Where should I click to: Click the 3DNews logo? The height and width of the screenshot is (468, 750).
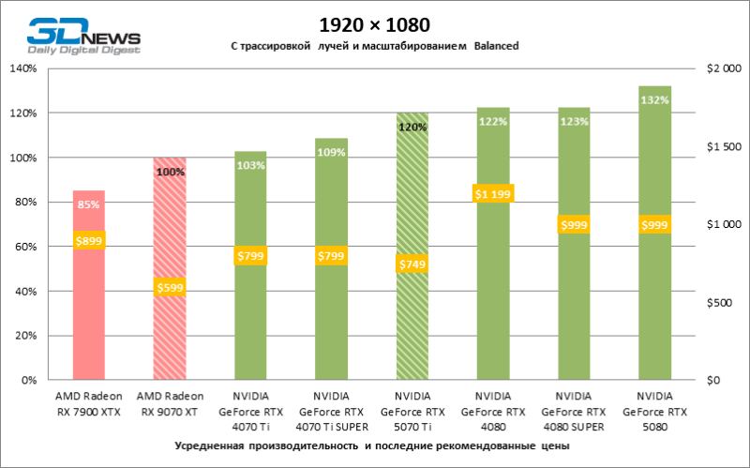(82, 36)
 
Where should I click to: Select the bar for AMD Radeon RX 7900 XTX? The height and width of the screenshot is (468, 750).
(89, 309)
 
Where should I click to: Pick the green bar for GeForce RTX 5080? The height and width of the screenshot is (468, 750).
(654, 309)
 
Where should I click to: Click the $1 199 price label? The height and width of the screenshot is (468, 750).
(493, 194)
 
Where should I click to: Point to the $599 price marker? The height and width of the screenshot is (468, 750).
(170, 287)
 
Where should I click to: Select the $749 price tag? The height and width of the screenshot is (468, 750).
(412, 264)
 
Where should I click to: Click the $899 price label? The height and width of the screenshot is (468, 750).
(89, 241)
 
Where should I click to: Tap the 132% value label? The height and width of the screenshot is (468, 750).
(654, 99)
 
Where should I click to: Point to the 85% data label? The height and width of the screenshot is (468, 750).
(89, 204)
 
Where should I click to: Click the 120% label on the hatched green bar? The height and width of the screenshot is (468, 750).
(412, 126)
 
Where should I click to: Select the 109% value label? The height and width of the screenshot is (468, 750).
(332, 152)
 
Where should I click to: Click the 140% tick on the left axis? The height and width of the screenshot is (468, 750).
(22, 68)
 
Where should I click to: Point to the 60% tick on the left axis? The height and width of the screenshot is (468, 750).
(23, 247)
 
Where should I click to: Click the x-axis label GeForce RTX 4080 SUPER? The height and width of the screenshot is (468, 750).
(574, 410)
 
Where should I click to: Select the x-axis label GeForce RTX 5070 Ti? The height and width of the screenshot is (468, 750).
(412, 410)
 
